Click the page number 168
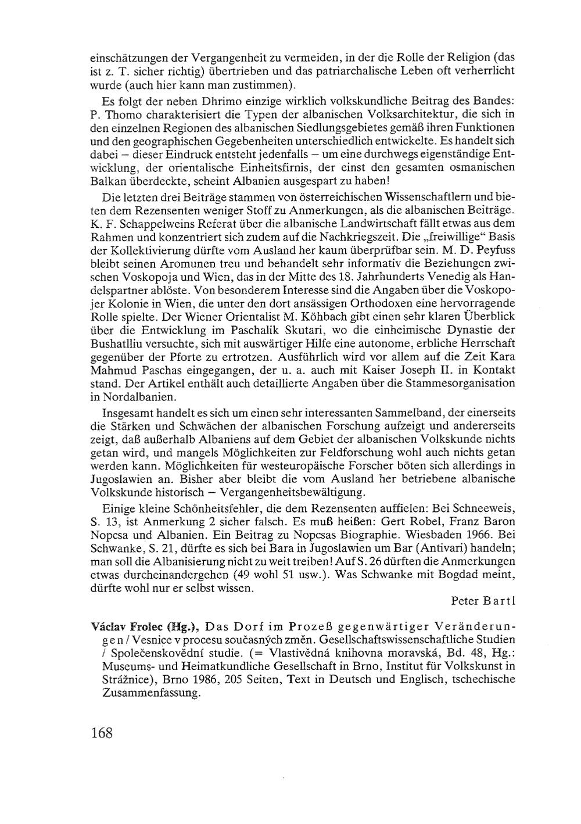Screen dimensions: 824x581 pos(101,732)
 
